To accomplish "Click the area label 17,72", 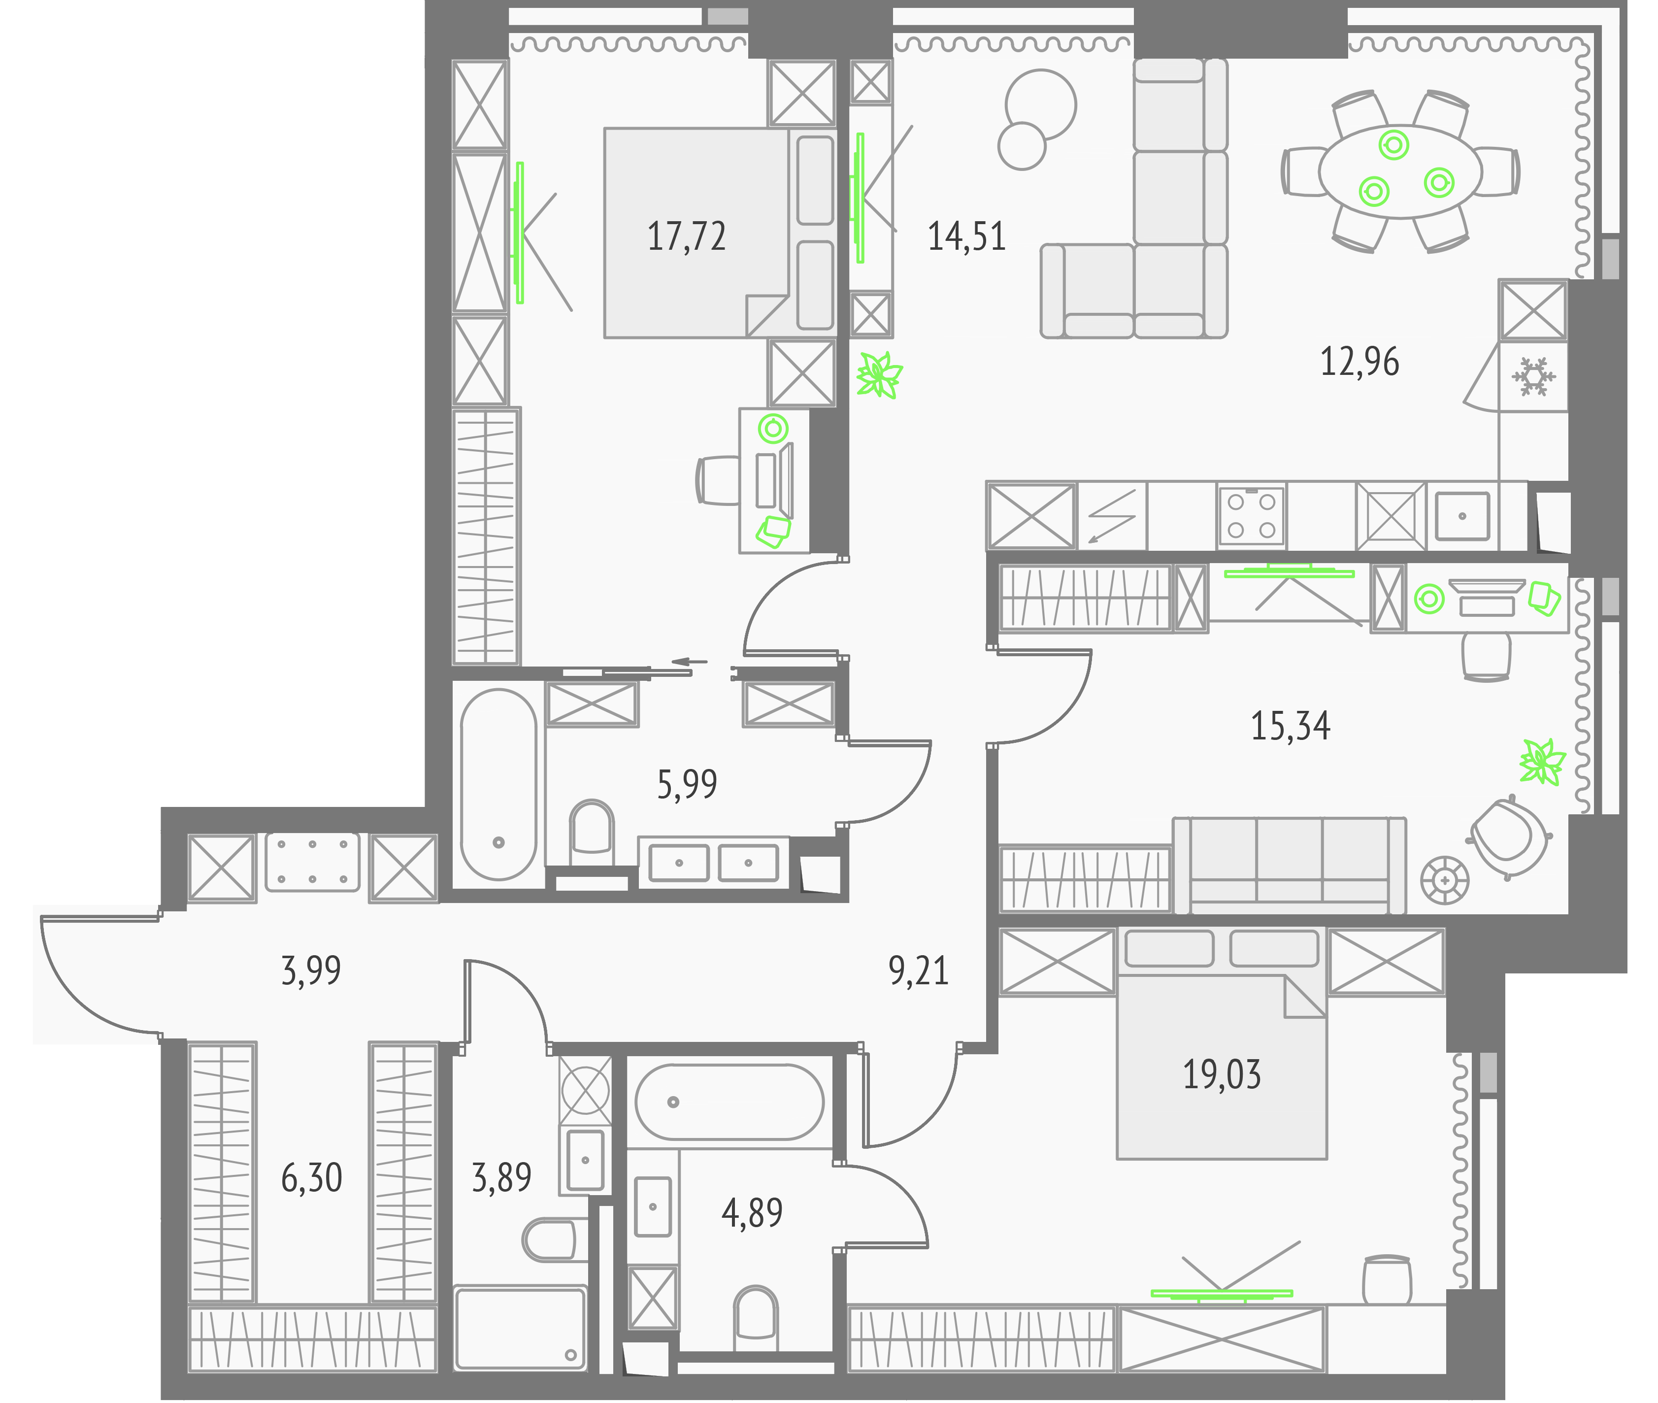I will point(686,237).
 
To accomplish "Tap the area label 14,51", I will point(966,237).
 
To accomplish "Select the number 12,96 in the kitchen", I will point(1359,362).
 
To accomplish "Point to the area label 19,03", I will point(1222,1074).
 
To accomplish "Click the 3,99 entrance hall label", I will point(311,970).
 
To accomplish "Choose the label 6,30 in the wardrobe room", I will point(311,1178).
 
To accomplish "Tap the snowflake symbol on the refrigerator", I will point(1532,377).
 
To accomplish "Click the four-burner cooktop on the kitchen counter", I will point(1251,515).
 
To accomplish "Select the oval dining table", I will point(1399,171).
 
